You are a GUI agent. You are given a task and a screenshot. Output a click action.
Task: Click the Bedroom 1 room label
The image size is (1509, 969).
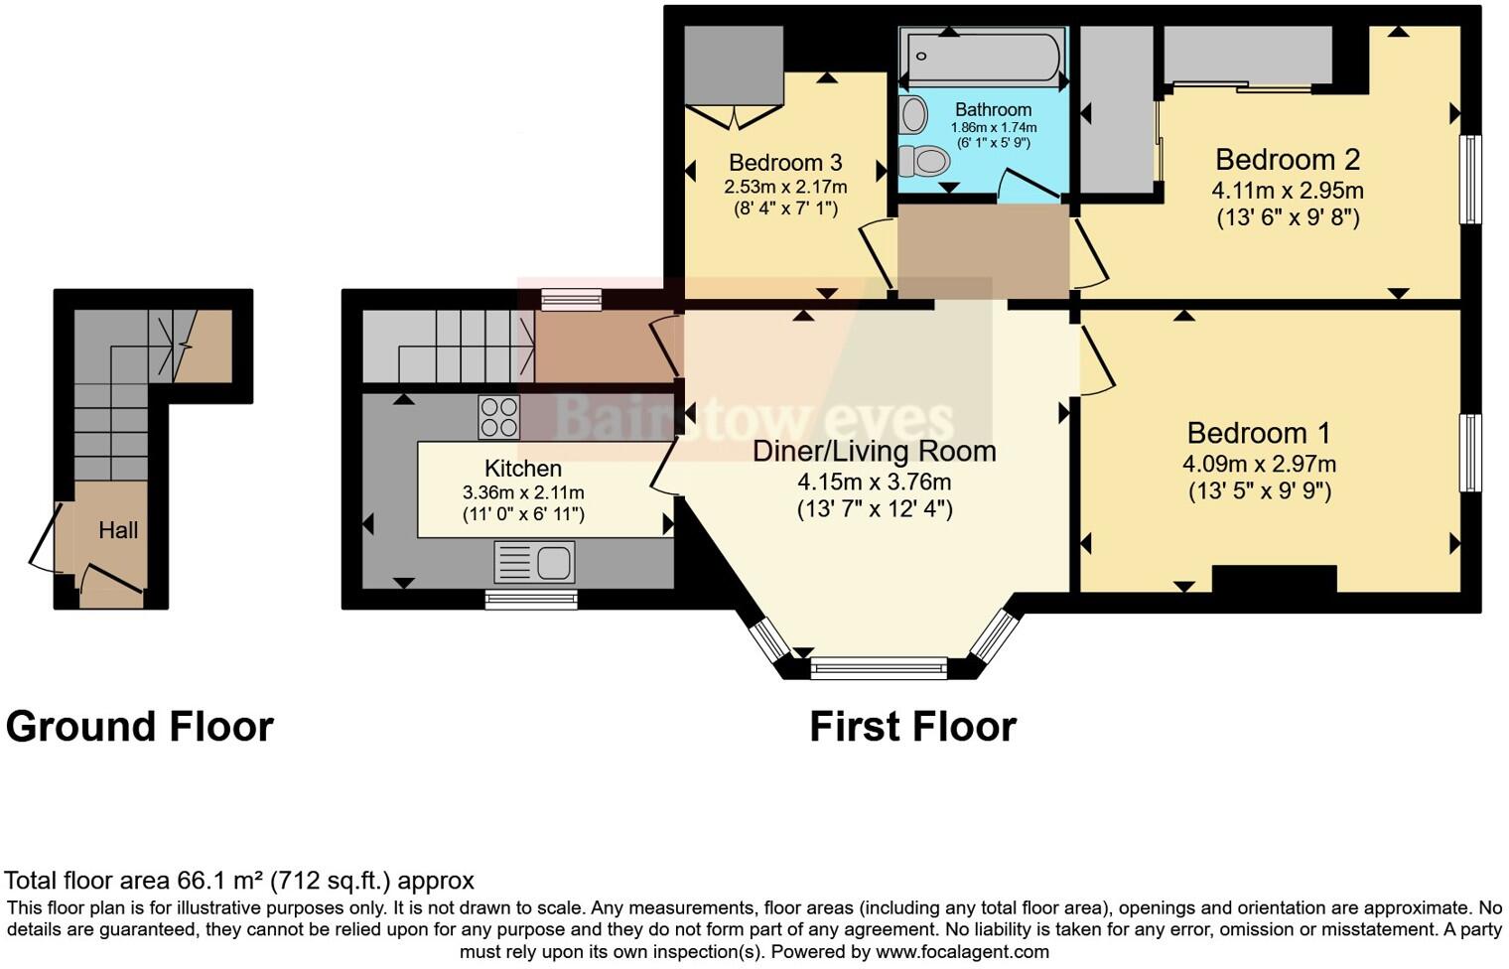(1258, 433)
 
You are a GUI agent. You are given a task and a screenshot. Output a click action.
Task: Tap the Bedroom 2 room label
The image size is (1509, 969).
(1287, 159)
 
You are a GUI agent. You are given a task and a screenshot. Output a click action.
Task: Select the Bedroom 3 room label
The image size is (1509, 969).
(784, 162)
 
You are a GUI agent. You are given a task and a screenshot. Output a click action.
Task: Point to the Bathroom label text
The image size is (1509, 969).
(993, 109)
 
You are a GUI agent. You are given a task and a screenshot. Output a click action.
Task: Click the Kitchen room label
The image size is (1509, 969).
(522, 468)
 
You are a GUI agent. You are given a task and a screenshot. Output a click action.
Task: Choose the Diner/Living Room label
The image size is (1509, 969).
(874, 451)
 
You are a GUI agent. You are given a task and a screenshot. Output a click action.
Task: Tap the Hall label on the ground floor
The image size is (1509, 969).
(118, 530)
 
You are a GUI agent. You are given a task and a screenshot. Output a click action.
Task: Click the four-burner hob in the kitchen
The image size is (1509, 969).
(498, 417)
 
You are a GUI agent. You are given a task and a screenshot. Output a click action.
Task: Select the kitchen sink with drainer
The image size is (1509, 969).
(534, 563)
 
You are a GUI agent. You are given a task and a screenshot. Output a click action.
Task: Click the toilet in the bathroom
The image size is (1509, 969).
(923, 160)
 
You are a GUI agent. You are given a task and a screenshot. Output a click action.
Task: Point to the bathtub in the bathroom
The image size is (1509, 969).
(981, 57)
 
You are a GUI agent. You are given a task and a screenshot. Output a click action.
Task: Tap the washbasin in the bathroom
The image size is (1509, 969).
(912, 115)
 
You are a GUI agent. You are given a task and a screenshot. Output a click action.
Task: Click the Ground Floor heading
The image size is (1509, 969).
(139, 727)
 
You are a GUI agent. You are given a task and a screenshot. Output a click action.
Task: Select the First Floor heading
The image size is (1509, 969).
(912, 727)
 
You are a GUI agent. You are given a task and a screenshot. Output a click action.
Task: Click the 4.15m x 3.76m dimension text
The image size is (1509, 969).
(874, 483)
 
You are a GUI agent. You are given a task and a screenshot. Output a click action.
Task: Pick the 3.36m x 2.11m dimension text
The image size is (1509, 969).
(522, 492)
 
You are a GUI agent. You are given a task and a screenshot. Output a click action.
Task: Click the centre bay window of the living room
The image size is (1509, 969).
(879, 669)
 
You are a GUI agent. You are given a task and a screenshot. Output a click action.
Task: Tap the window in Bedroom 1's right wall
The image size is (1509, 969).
(1469, 453)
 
